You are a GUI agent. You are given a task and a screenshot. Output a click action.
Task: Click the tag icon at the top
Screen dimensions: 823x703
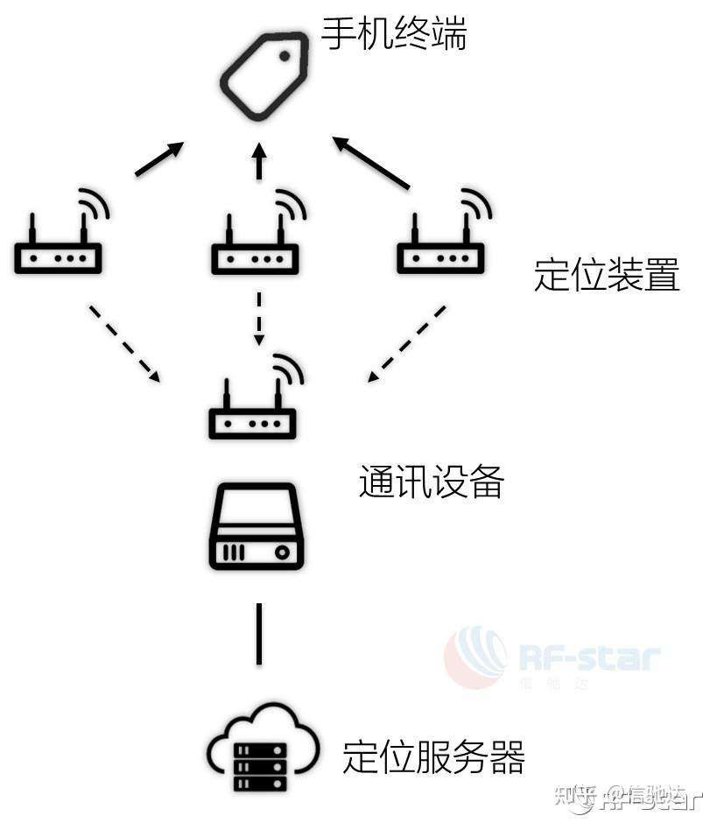264,76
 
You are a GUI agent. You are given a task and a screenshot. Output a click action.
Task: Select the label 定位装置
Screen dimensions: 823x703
606,276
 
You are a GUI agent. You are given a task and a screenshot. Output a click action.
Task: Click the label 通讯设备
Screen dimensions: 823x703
431,482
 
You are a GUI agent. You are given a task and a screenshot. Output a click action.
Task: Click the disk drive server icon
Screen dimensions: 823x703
256,527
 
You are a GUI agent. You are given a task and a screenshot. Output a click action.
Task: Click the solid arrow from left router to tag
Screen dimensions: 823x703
159,158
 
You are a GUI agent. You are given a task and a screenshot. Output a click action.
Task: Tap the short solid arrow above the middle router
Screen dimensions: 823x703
258,162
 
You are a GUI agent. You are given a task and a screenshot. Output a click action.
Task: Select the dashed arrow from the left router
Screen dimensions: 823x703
124,343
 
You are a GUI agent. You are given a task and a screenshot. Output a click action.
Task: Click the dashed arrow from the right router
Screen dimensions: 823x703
406,343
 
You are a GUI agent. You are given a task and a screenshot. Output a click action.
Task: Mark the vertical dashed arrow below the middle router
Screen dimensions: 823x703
258,317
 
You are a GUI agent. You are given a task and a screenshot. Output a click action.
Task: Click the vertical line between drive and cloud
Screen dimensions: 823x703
258,633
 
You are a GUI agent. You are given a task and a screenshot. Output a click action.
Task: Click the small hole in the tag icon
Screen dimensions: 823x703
285,56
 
